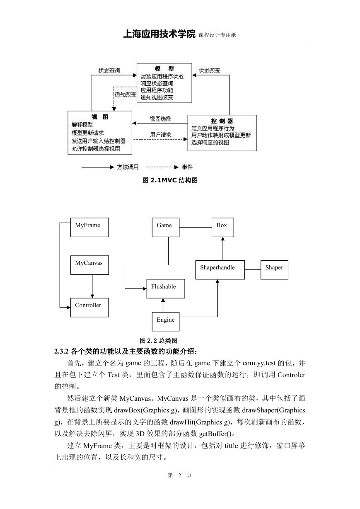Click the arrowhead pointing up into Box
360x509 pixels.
[x=223, y=239]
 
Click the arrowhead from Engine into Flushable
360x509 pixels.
[x=163, y=300]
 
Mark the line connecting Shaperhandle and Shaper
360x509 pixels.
[x=253, y=270]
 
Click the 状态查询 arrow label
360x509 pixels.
[x=109, y=70]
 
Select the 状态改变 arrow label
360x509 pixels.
[x=210, y=70]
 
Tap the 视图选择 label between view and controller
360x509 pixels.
[x=160, y=119]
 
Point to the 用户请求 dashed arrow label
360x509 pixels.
[x=161, y=135]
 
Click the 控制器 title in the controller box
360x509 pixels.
[x=222, y=121]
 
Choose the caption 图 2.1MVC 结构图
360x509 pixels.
[x=170, y=180]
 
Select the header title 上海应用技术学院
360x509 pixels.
[x=159, y=34]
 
